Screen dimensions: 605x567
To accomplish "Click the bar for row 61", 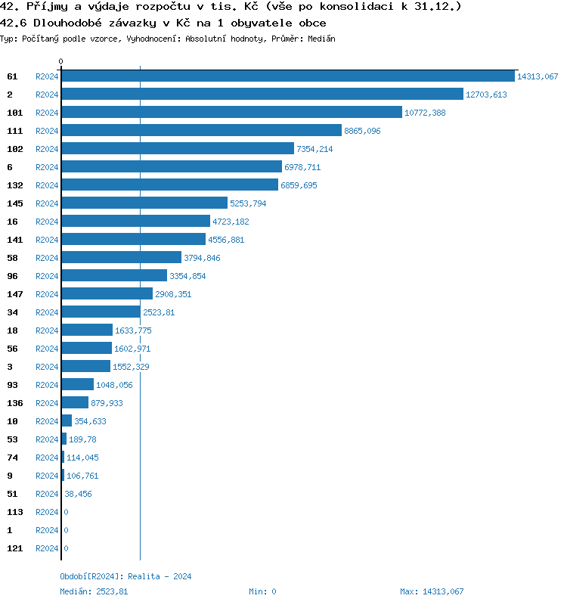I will [287, 76].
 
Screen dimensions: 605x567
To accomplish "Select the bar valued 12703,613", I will [262, 95].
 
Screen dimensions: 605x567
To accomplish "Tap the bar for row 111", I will [201, 131].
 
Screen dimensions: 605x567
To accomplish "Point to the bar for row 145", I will [144, 203].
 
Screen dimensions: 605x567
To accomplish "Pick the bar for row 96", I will [113, 276].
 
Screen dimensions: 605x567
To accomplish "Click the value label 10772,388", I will [425, 113].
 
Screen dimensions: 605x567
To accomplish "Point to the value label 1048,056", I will [114, 385].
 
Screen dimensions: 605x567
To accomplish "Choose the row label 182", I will [15, 149].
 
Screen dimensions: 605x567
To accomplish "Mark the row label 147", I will [15, 294].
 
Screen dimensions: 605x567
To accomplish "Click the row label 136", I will [15, 403].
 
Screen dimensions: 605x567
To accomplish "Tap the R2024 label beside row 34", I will [47, 312].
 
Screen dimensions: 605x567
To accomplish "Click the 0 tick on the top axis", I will [61, 62].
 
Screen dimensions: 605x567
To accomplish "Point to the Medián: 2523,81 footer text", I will [94, 591].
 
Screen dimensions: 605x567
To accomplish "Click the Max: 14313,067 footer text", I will [432, 591].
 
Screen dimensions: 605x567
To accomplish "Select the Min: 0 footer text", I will [262, 591].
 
